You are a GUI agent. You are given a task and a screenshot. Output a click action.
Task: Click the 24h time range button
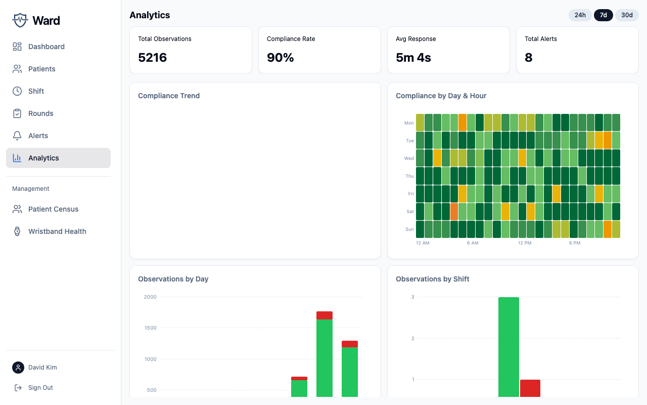coord(580,15)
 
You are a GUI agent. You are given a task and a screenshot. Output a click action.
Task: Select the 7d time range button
coord(603,15)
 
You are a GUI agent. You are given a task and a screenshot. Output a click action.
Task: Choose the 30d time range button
coord(627,15)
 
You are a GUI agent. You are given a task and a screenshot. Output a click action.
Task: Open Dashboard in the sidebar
coord(46,47)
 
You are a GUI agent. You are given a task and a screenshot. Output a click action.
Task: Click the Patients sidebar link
coord(41,69)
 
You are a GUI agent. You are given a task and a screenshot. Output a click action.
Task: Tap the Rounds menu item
coord(40,113)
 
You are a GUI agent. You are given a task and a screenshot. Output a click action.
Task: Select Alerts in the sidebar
coord(38,136)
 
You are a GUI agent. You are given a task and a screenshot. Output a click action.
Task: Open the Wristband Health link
coord(57,231)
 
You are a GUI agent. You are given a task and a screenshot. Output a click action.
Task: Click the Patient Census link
coord(53,209)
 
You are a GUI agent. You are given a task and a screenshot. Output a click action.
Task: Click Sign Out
coord(40,388)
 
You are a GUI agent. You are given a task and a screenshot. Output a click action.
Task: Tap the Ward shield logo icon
coord(20,20)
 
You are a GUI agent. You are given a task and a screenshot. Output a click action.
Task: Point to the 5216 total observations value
coord(152,58)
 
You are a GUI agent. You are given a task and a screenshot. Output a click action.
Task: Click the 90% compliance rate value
coord(280,58)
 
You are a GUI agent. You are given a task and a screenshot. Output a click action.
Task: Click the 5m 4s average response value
coord(413,58)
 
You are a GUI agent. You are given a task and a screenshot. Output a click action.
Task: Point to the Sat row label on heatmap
coord(410,212)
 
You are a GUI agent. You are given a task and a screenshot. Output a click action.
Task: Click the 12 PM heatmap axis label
coord(525,243)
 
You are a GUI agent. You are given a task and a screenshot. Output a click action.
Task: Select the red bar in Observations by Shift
coord(530,388)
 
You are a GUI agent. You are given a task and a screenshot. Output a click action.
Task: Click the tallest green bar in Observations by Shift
coord(509,347)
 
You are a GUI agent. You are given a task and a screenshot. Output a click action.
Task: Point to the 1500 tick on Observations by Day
coord(150,328)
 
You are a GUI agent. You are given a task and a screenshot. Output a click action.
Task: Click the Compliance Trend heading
coord(169,96)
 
